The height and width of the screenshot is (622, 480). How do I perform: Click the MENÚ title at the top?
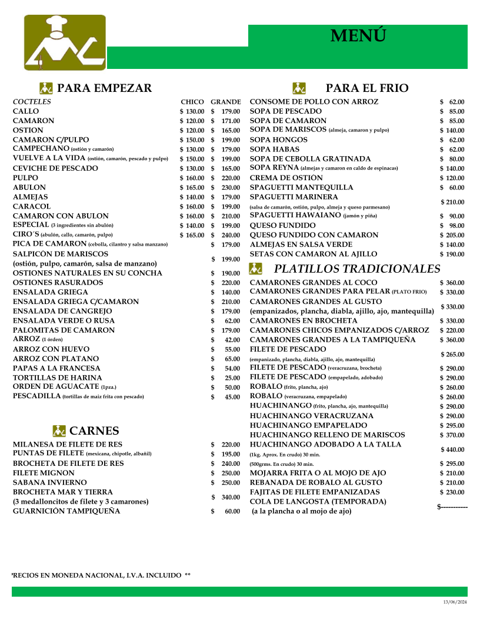[x=358, y=36]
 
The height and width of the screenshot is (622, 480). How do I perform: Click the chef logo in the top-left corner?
[x=65, y=42]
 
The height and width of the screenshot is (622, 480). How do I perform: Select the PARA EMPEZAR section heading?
[x=104, y=88]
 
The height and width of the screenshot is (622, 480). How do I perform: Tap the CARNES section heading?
[x=94, y=431]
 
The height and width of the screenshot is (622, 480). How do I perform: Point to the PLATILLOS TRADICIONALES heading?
[x=357, y=269]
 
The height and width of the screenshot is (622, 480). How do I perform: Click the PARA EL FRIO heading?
[x=366, y=88]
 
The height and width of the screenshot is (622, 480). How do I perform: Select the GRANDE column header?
[x=226, y=102]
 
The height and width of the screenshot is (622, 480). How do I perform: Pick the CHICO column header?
[x=192, y=102]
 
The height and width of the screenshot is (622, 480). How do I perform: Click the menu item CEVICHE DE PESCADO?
[x=55, y=168]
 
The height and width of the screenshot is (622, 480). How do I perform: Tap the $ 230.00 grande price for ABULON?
[x=226, y=187]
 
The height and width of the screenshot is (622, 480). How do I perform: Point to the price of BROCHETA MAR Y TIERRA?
[x=226, y=497]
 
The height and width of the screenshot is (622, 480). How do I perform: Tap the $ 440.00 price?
[x=452, y=449]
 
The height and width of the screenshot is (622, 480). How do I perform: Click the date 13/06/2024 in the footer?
[x=455, y=601]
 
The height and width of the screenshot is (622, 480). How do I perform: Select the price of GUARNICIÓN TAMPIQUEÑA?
[x=226, y=511]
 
